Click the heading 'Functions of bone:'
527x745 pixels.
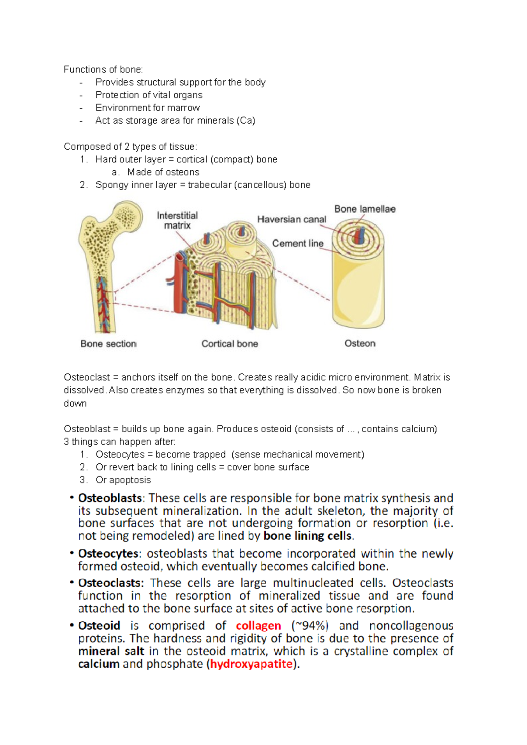click(x=103, y=69)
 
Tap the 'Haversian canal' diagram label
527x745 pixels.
click(x=292, y=219)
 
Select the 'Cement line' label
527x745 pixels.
click(x=298, y=244)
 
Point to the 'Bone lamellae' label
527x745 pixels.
click(x=365, y=209)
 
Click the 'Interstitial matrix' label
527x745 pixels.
click(x=177, y=220)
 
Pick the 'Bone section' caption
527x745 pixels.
click(x=108, y=344)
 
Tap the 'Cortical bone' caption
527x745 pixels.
click(x=230, y=344)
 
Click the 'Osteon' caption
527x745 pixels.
click(x=360, y=344)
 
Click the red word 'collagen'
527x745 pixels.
click(x=258, y=626)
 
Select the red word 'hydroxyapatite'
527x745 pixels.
click(x=251, y=664)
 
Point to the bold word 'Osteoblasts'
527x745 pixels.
click(x=110, y=498)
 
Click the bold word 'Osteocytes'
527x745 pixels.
click(x=108, y=554)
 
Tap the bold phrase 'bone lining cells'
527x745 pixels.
click(x=307, y=536)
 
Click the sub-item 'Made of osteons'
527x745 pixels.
click(x=163, y=172)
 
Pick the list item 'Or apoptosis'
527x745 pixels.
click(x=123, y=480)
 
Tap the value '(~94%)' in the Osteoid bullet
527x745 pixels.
click(x=310, y=626)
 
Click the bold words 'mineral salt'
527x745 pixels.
click(x=111, y=651)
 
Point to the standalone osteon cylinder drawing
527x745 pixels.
click(x=358, y=281)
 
